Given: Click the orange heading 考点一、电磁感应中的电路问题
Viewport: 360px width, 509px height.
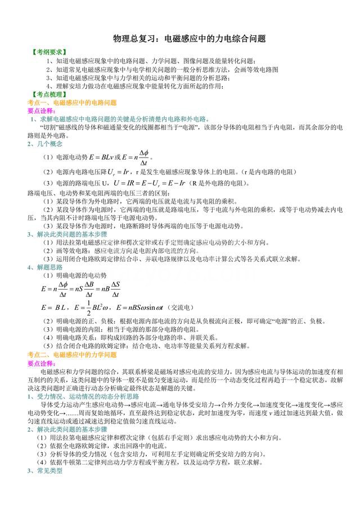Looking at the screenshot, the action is (72, 103).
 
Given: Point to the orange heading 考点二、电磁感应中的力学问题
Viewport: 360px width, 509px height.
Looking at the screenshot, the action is (72, 355).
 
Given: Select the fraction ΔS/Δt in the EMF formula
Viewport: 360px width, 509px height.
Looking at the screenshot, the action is (115, 290).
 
